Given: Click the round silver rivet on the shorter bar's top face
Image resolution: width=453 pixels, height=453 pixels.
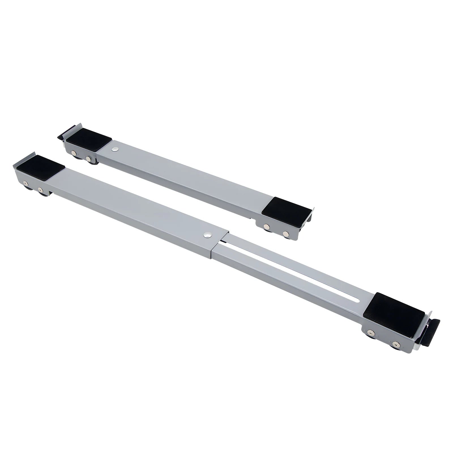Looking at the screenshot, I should point(115,148).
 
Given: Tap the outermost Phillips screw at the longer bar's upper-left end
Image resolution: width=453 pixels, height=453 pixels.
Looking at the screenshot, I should point(25,183).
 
